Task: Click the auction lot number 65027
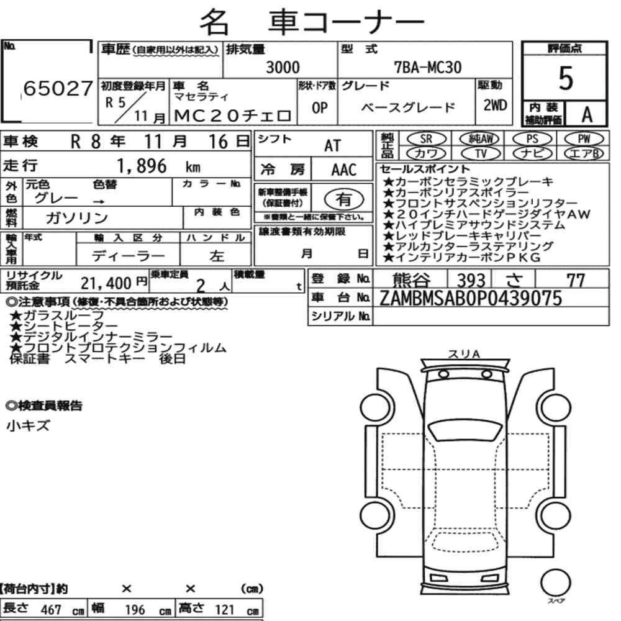[58, 88]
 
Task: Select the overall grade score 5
[566, 78]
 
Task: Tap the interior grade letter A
[587, 114]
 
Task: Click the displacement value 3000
[283, 67]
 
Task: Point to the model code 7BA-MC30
[428, 67]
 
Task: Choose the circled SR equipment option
[426, 139]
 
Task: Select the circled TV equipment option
[481, 153]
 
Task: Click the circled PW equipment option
[584, 139]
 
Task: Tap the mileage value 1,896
[142, 166]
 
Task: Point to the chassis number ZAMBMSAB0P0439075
[471, 298]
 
